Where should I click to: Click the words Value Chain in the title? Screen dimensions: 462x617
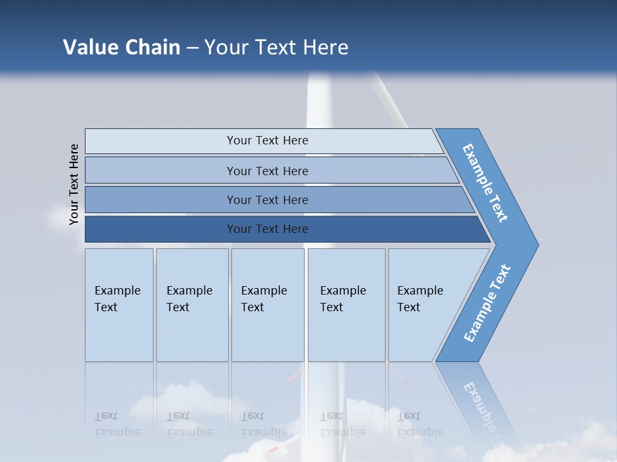tap(121, 47)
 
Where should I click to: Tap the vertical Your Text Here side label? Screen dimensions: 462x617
tap(74, 184)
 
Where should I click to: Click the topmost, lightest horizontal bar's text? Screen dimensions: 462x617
tap(267, 141)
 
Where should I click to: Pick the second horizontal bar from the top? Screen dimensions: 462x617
tap(267, 171)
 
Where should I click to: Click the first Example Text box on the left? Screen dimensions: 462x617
tap(119, 299)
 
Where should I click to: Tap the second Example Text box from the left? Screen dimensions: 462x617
tap(192, 299)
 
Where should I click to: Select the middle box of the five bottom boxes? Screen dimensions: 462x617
tap(267, 299)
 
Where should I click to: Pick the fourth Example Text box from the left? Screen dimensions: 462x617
tap(346, 299)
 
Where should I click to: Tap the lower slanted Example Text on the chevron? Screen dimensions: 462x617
tap(487, 304)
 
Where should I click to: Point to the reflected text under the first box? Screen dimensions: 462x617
tap(118, 424)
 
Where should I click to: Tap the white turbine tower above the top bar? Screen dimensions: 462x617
tap(318, 99)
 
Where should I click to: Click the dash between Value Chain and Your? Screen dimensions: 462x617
tap(192, 48)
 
